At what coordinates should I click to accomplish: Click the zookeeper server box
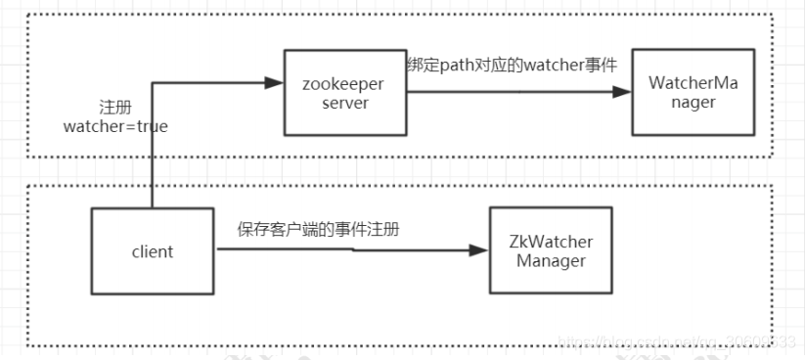[x=344, y=93]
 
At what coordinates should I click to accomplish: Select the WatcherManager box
[x=693, y=93]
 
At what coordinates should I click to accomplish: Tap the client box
[x=152, y=251]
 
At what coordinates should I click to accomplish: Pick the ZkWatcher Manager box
[x=551, y=250]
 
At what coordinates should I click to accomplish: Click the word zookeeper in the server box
[x=344, y=84]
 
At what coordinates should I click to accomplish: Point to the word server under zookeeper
[x=344, y=103]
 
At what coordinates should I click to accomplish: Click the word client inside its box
[x=152, y=251]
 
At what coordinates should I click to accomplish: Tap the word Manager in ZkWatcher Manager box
[x=551, y=260]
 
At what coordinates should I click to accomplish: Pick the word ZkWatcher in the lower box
[x=551, y=242]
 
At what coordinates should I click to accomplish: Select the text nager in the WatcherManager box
[x=693, y=103]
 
